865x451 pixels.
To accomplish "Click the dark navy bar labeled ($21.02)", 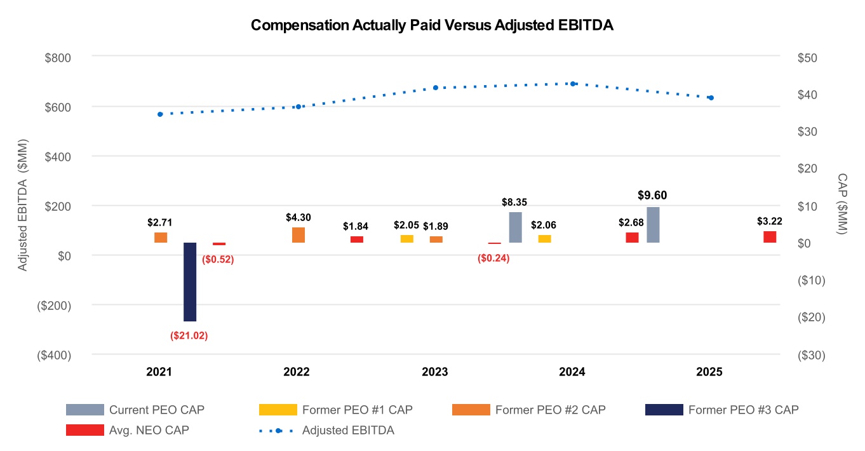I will pos(190,281).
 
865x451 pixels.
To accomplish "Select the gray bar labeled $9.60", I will pos(653,225).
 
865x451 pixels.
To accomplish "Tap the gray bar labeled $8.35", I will pos(515,227).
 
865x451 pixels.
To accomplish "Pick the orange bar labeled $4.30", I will pos(298,235).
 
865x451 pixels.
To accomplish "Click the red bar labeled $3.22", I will pos(770,237).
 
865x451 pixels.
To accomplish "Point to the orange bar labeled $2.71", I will pos(161,238).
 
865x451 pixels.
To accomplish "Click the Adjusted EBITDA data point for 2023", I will pos(436,88).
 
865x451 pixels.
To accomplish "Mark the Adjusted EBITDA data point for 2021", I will pos(160,114).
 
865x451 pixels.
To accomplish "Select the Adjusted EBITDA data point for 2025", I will pos(711,98).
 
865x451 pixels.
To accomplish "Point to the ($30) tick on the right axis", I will pos(811,355).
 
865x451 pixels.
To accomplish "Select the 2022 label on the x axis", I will pos(297,372).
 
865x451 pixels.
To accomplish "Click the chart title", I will pos(432,25).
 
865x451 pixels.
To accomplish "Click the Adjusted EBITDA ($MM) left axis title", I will pos(23,205).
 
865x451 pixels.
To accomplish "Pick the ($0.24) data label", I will pos(493,258).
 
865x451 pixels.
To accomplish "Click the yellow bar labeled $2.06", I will pos(544,239).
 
